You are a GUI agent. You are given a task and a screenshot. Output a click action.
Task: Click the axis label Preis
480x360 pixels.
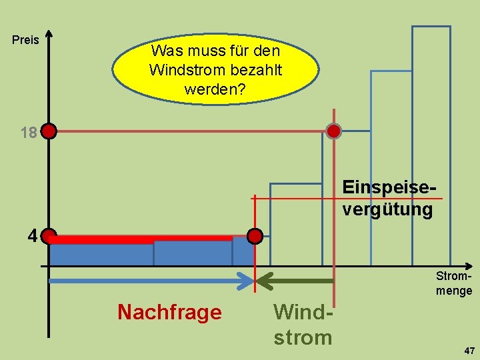(x=26, y=41)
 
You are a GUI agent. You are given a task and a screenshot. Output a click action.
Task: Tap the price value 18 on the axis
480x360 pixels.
(x=28, y=133)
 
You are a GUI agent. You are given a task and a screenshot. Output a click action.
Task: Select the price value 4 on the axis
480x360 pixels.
(x=32, y=236)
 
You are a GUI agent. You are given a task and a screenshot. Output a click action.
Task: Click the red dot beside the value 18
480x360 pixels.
(x=49, y=131)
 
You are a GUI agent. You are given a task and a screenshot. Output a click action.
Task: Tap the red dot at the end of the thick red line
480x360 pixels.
(x=255, y=236)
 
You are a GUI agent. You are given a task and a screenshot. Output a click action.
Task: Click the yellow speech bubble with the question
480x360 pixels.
(x=215, y=69)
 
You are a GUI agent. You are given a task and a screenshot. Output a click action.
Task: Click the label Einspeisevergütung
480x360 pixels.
(x=387, y=199)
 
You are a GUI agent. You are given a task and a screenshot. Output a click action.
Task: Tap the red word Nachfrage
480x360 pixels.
(x=169, y=312)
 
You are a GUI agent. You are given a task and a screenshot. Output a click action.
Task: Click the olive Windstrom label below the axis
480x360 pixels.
(x=303, y=325)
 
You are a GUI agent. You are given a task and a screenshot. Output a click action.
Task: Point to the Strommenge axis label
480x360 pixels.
(x=453, y=283)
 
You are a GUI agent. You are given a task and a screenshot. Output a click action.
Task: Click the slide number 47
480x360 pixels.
(x=469, y=350)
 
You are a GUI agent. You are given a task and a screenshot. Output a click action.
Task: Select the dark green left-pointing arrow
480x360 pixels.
(x=293, y=281)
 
